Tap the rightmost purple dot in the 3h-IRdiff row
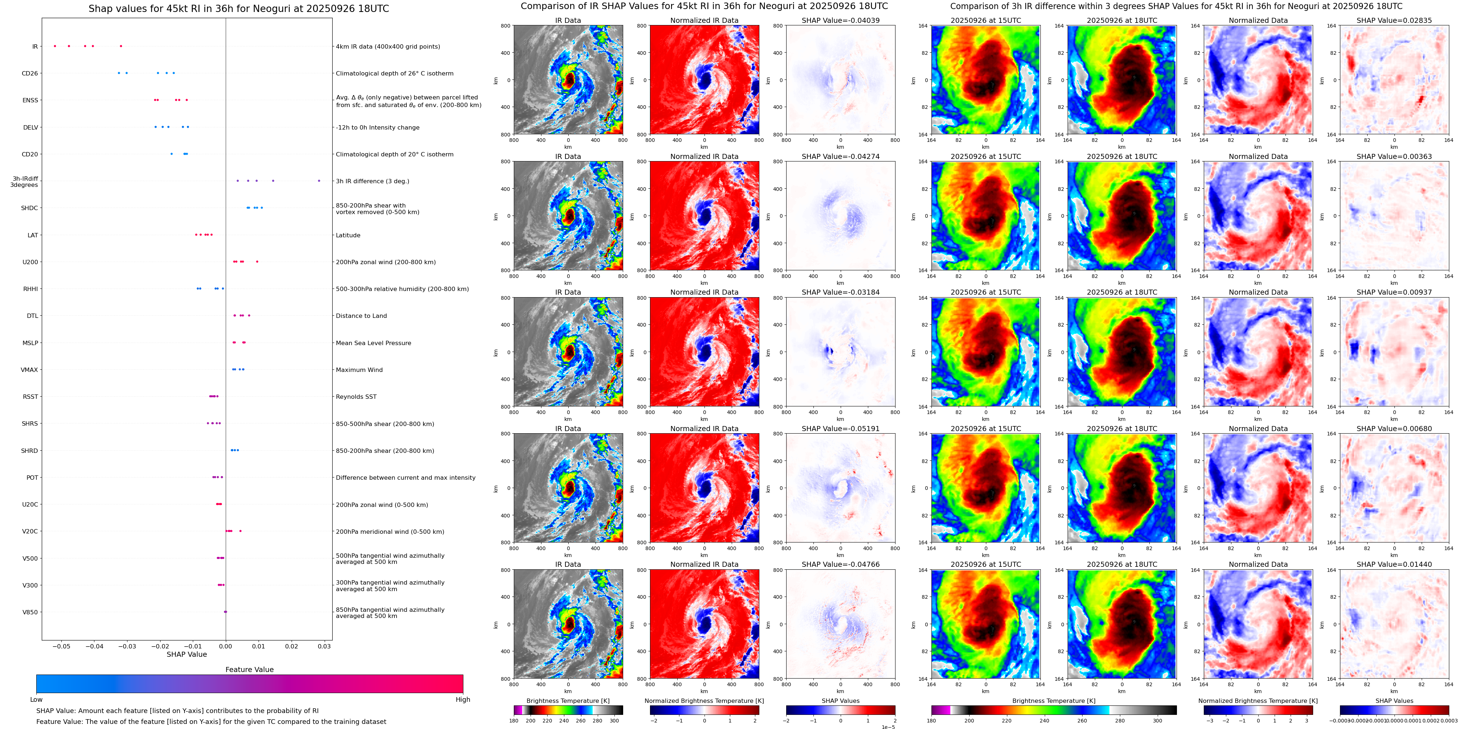(319, 181)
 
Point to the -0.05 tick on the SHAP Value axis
(62, 646)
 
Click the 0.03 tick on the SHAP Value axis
(324, 646)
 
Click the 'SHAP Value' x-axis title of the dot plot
(187, 654)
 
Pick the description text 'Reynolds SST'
(356, 397)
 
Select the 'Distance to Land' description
(361, 316)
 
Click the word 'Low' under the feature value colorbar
(36, 700)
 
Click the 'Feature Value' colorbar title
(249, 669)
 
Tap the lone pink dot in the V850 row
(225, 612)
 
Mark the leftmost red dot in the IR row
(55, 46)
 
